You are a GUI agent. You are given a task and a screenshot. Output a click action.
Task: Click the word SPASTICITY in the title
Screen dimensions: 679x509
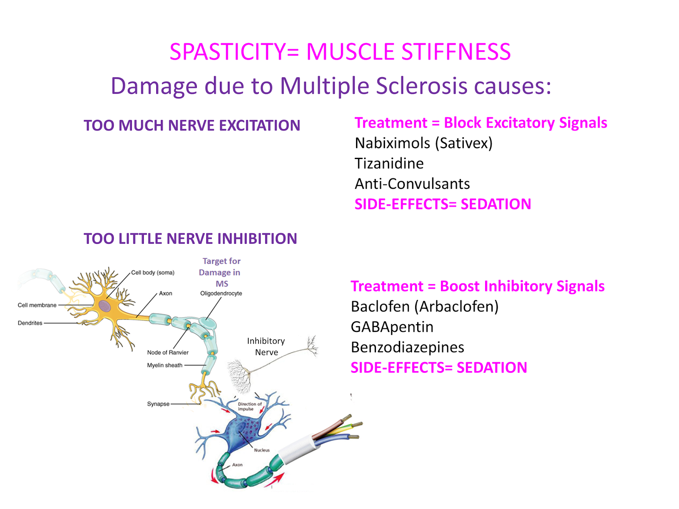point(228,52)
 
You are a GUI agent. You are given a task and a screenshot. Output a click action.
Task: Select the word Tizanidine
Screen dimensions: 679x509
point(389,163)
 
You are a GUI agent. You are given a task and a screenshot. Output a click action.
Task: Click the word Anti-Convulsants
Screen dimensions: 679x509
point(412,184)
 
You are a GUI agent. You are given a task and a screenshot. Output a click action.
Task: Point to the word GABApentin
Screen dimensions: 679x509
point(392,327)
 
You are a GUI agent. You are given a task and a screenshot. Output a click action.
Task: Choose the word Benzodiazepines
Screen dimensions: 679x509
point(407,347)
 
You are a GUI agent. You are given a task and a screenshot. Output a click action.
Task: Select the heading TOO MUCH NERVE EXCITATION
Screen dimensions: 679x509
point(192,126)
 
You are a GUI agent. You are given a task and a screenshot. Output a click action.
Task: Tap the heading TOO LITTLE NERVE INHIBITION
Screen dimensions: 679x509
point(190,239)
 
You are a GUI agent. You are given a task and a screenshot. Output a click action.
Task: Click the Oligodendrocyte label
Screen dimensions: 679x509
point(221,294)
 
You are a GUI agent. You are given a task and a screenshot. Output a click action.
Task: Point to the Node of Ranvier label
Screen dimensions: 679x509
point(168,352)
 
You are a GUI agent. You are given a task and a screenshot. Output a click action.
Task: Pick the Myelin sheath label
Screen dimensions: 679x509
point(165,365)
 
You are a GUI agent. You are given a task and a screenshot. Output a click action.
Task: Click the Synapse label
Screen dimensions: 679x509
point(158,404)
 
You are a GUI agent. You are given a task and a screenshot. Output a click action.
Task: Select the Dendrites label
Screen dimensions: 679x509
point(30,323)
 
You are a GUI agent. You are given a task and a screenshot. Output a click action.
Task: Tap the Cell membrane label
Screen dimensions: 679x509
point(37,305)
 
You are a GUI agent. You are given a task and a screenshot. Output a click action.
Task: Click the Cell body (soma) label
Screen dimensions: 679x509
point(153,273)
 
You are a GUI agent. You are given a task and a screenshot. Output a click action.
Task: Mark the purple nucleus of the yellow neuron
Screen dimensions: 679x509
point(105,306)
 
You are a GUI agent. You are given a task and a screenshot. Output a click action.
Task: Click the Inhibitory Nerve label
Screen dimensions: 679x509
point(266,347)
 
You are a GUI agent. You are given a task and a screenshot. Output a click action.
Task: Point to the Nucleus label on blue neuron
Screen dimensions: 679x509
point(262,450)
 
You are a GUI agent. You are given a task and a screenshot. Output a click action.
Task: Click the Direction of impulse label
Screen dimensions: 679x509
point(249,406)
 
